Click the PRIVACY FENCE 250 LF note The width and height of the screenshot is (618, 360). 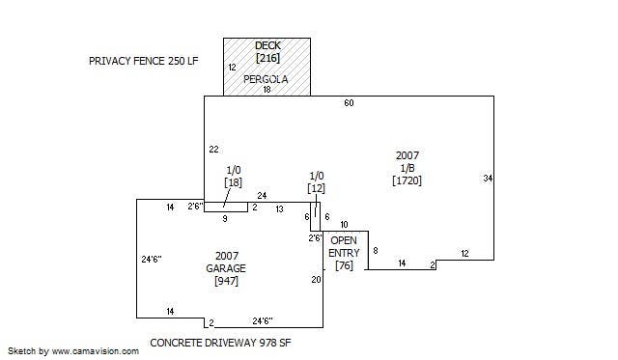144,61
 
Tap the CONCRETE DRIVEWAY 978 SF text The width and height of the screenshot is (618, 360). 220,343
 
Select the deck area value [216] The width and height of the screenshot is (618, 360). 268,58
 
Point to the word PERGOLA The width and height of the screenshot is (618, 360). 266,79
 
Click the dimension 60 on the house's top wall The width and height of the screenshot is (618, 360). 349,103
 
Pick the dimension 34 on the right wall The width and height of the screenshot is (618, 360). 488,179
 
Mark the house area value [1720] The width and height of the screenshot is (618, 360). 407,180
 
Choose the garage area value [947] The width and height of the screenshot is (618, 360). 226,281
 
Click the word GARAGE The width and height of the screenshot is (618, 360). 226,268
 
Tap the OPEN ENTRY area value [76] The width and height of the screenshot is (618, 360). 344,265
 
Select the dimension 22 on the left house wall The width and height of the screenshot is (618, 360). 213,150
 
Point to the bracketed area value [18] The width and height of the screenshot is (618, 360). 234,182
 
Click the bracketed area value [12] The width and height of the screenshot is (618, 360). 317,188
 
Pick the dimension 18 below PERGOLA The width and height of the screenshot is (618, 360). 267,90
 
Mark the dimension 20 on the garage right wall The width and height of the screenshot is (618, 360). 316,280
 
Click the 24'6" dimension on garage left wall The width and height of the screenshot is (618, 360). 152,260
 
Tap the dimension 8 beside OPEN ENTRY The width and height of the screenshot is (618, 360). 376,251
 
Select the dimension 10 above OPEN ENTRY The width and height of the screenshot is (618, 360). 344,225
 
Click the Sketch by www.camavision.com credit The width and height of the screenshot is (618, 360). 73,351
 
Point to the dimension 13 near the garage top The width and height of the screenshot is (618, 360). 279,209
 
